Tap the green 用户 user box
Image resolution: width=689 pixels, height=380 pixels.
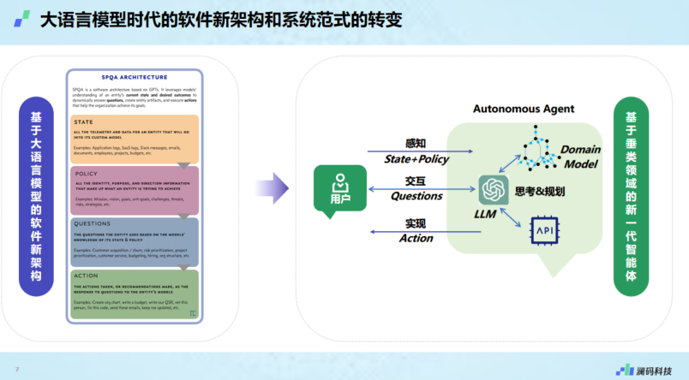pos(340,189)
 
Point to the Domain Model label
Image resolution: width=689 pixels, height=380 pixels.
pos(580,156)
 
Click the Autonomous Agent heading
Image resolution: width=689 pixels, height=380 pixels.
pos(524,109)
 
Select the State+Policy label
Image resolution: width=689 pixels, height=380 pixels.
pos(416,159)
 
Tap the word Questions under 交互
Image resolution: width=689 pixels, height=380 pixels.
pos(416,196)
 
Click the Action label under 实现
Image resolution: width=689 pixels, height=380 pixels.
pos(416,238)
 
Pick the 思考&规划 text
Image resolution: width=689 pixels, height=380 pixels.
pos(541,189)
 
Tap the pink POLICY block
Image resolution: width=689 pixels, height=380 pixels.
pos(135,190)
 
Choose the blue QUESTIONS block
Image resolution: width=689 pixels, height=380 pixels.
pos(135,241)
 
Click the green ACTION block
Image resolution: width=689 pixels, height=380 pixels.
pos(135,292)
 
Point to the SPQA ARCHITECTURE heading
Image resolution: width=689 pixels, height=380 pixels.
pos(135,76)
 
